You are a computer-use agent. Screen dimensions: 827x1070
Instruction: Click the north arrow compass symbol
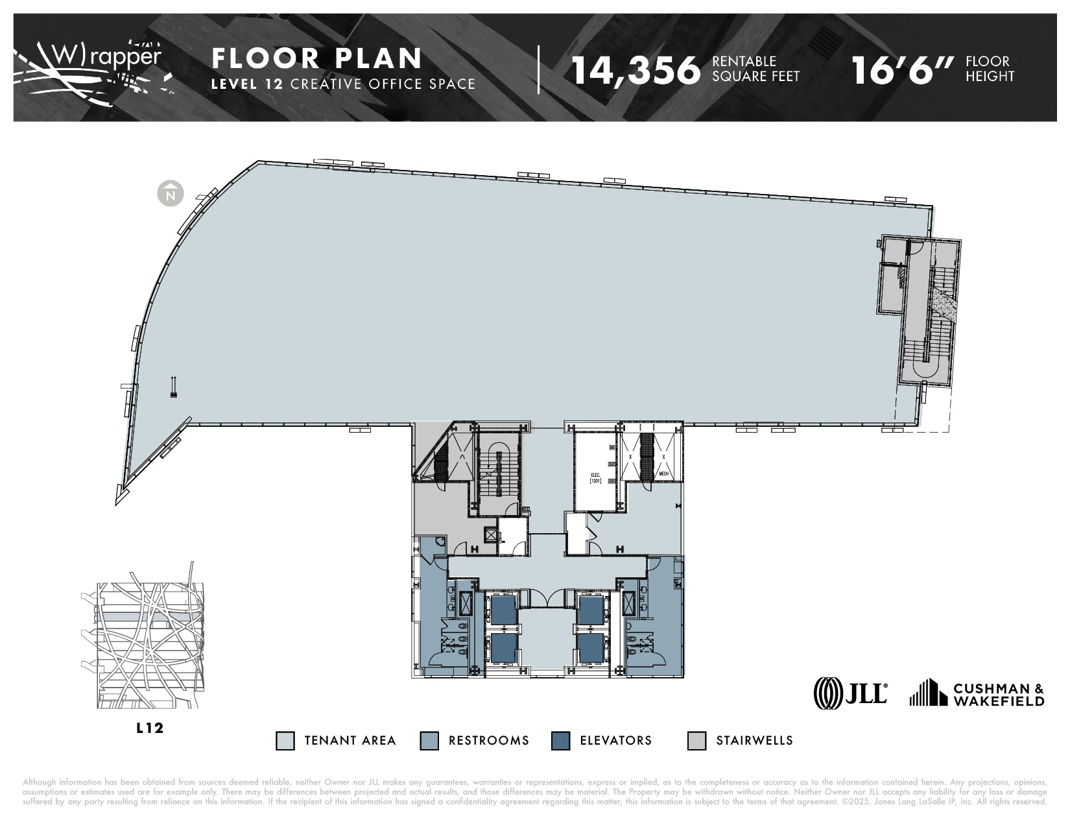(171, 194)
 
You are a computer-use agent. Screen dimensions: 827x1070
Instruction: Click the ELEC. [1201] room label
(595, 478)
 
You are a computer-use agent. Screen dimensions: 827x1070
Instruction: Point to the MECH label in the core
(663, 474)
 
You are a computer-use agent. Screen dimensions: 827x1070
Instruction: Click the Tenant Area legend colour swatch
(285, 741)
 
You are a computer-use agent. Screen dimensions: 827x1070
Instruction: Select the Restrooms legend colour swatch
(429, 741)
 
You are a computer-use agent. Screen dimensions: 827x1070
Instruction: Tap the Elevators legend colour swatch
(560, 741)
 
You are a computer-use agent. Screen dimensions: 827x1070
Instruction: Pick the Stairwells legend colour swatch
(696, 741)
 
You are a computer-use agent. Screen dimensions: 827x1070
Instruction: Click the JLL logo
(850, 693)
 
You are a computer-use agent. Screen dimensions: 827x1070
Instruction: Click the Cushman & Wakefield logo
(977, 693)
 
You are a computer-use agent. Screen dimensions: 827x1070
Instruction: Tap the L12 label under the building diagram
(150, 728)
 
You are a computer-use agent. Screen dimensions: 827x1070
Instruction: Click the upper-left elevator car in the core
(503, 610)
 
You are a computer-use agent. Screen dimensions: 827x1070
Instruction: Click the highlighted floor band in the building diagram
(149, 616)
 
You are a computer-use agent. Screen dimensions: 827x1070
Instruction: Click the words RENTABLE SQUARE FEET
(755, 69)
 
